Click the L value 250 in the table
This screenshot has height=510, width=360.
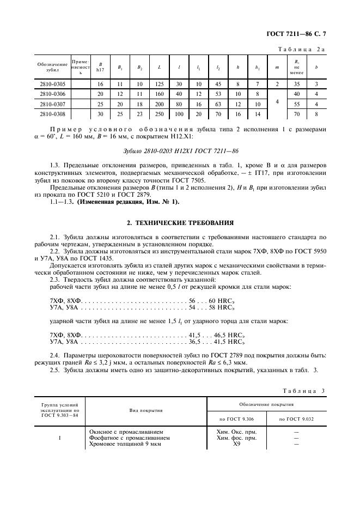click(x=159, y=114)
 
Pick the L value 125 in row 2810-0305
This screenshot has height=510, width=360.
click(x=159, y=84)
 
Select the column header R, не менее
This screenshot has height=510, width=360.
click(x=297, y=66)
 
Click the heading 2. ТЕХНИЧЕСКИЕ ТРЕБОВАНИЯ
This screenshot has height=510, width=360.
click(x=180, y=223)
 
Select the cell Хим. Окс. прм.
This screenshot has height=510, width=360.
click(x=237, y=432)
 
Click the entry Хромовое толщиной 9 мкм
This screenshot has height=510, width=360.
click(x=125, y=445)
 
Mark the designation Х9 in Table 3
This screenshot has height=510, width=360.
click(x=237, y=445)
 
